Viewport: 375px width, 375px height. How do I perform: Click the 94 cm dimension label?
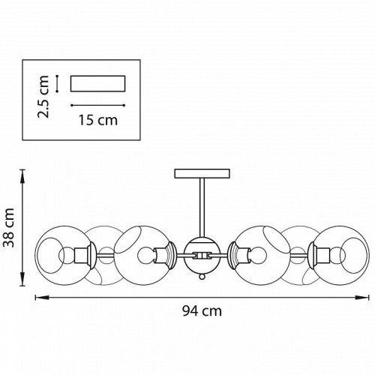click(202, 311)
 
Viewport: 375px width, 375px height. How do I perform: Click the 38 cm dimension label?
click(9, 227)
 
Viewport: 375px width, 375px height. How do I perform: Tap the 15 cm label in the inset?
click(98, 120)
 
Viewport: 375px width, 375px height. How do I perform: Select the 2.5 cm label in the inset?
click(43, 97)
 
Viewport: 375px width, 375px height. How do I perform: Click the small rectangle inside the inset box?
click(97, 83)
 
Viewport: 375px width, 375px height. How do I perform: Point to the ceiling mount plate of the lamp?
click(202, 174)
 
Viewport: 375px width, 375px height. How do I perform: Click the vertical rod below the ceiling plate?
click(202, 208)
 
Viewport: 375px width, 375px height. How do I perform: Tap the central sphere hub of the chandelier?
click(202, 255)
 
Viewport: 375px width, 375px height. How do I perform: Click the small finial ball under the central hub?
click(202, 277)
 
